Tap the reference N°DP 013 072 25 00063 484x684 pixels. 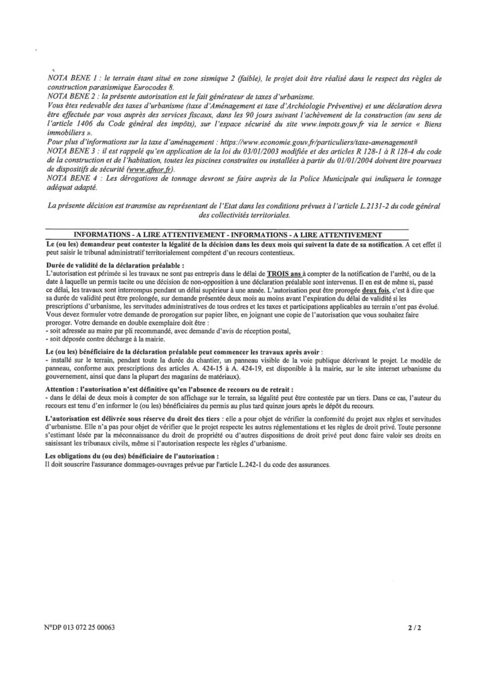click(77, 629)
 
